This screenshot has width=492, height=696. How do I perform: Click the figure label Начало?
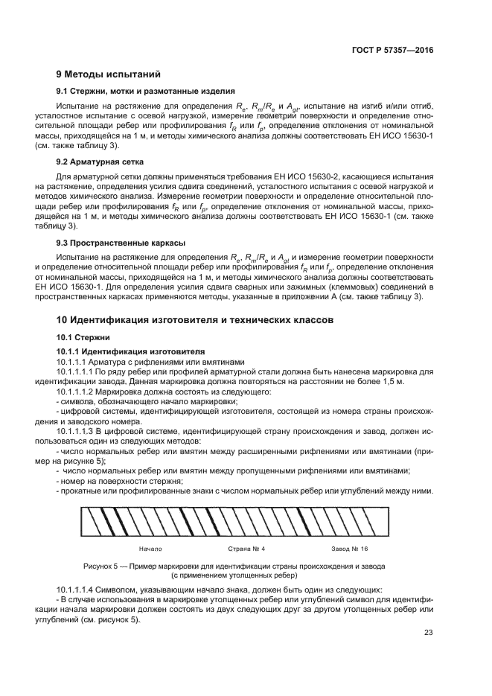(151, 549)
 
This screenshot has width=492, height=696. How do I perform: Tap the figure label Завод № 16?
(350, 549)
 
